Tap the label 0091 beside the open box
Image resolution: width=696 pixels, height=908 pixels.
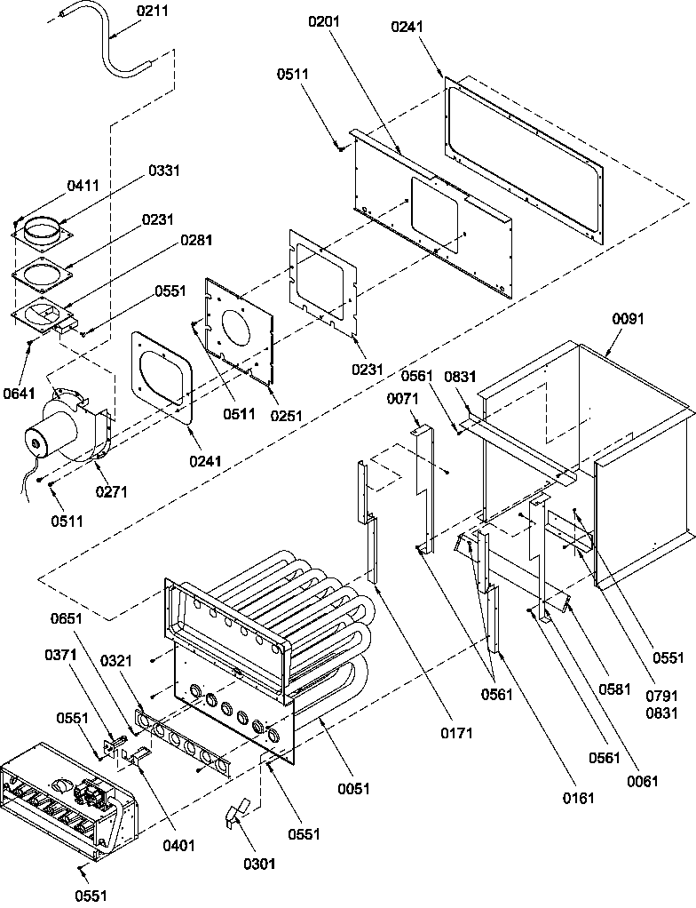629,318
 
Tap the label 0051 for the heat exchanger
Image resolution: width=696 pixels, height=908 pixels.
353,787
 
